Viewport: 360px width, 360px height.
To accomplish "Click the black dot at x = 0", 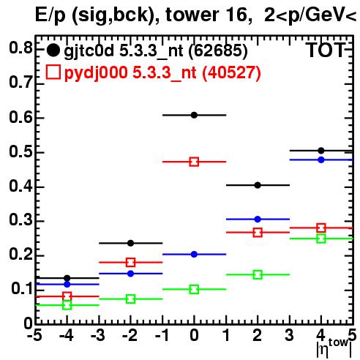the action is click(194, 115).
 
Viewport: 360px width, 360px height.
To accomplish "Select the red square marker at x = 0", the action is click(194, 162).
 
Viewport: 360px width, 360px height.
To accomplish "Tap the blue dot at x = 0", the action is click(194, 254).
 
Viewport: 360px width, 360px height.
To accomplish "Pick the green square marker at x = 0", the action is click(194, 289).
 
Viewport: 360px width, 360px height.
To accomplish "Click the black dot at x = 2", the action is click(258, 185).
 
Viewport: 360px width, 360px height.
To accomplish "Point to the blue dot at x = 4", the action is click(321, 160).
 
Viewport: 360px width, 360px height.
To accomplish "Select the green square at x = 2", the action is click(258, 274).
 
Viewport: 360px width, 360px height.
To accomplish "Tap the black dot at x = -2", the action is click(130, 243).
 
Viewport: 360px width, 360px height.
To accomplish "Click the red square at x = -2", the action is click(130, 263).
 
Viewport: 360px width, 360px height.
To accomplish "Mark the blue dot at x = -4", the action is click(67, 284).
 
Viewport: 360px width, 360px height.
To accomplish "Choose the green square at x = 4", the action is click(321, 239).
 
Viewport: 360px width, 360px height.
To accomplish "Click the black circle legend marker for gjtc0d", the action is click(53, 50).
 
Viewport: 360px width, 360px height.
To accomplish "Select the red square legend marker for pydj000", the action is click(53, 72).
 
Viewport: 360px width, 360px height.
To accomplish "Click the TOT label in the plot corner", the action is click(326, 50).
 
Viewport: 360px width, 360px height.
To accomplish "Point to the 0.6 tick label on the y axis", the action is click(20, 117).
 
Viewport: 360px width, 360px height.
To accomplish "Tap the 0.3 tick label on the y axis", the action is click(20, 220).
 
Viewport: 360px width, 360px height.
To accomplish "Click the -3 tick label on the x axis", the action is click(98, 336).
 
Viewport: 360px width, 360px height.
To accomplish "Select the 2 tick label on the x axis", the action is click(258, 336).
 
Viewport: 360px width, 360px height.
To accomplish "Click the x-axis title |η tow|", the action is click(334, 348).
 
